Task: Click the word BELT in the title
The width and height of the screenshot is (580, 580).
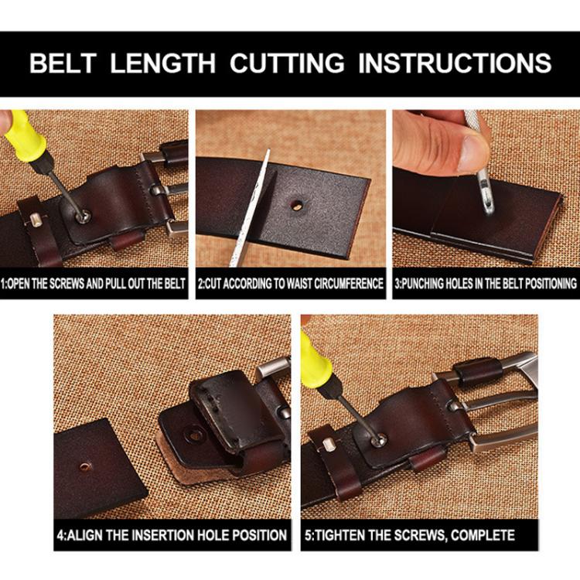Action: [x=63, y=63]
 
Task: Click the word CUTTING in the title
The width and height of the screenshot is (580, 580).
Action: [x=287, y=63]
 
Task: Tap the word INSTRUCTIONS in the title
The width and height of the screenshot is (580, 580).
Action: [x=455, y=63]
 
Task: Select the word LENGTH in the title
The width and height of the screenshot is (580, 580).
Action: [x=162, y=63]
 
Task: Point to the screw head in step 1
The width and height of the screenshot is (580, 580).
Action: [x=83, y=216]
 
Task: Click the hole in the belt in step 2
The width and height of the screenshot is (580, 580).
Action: [x=296, y=204]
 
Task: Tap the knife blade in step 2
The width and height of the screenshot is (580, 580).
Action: [x=250, y=207]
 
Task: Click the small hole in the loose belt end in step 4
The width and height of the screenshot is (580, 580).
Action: [x=85, y=466]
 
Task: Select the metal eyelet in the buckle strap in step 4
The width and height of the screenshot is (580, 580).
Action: [x=195, y=435]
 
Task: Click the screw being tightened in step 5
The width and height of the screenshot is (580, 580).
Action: [x=380, y=440]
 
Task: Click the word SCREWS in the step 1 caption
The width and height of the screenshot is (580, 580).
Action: [x=67, y=284]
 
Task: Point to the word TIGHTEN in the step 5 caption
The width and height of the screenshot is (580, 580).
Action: [x=339, y=535]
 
